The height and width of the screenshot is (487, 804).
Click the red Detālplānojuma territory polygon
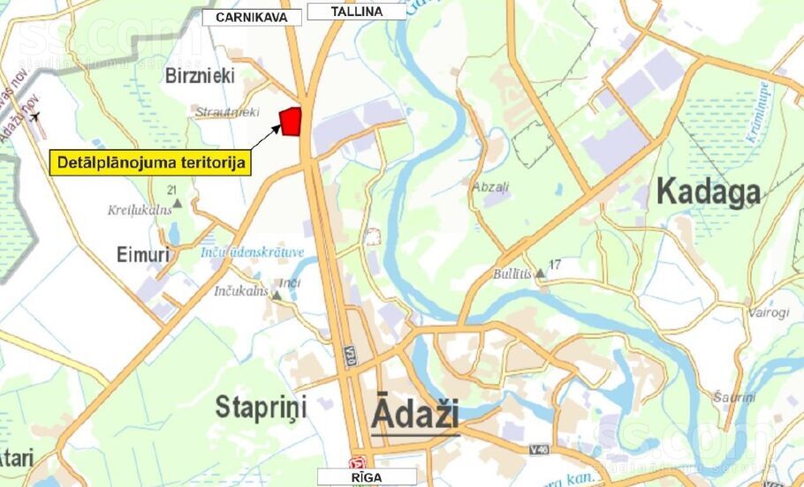(291, 121)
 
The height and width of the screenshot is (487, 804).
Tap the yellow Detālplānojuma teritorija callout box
(150, 162)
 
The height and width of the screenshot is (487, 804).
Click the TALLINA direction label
(357, 11)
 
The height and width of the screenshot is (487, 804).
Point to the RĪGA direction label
(365, 476)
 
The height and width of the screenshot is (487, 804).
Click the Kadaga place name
(708, 192)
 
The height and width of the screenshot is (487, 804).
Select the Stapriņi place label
(261, 408)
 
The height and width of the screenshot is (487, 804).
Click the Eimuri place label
(142, 255)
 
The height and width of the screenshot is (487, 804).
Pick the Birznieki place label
(200, 76)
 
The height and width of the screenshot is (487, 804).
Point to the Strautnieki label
(227, 112)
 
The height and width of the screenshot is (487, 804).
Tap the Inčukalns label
(240, 291)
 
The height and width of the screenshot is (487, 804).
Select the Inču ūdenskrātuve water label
(252, 252)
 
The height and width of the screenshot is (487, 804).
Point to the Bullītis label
(512, 273)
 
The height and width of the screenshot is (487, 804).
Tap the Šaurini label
(735, 398)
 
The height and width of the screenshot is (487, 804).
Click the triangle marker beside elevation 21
(177, 204)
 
